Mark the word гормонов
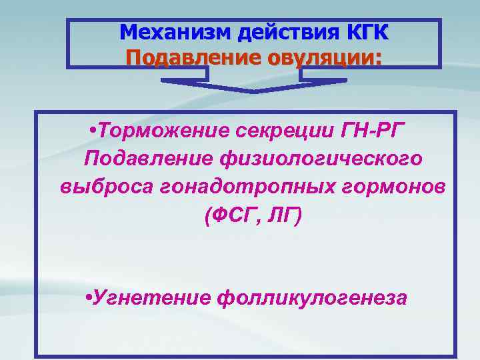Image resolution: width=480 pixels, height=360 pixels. [x=387, y=187]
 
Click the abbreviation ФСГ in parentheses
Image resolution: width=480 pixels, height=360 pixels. [x=232, y=215]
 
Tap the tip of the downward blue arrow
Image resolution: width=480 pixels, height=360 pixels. [x=254, y=93]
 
